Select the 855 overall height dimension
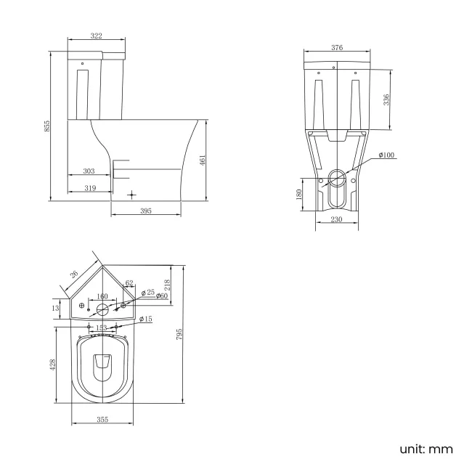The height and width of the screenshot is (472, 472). (46, 125)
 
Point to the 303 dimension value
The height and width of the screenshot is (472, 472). (89, 171)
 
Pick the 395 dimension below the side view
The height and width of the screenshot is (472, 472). (145, 211)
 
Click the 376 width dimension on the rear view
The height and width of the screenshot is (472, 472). (337, 48)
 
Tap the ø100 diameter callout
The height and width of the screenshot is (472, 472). (386, 155)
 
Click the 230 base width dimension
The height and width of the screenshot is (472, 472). (336, 219)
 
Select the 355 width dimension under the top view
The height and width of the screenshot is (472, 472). (102, 419)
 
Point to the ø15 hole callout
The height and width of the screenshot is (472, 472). (146, 320)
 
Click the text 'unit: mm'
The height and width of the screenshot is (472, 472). (426, 449)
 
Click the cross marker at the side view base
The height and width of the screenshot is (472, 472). (131, 195)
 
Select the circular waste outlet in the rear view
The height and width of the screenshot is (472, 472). (337, 176)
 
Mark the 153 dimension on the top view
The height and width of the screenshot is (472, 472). (102, 327)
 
